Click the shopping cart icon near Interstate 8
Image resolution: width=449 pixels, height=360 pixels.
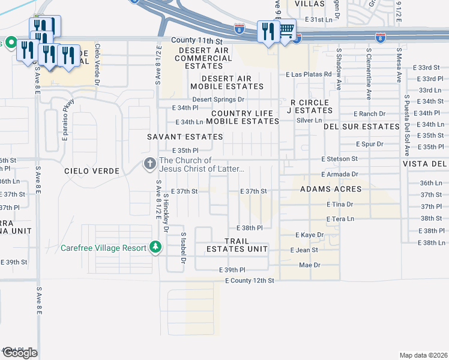pos(287,29)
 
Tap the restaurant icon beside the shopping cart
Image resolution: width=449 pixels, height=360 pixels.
pos(267,31)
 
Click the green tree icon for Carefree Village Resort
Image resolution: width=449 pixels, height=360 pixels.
pos(155,247)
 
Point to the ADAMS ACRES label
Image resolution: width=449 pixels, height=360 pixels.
pos(331,189)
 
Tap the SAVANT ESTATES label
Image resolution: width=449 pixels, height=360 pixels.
pos(185,137)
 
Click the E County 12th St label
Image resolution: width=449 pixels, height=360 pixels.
pos(249,280)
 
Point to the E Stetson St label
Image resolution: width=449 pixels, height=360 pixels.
pos(339,159)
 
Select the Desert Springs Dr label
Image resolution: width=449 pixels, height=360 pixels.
pos(218,99)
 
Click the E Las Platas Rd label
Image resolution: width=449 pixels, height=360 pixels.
pos(309,74)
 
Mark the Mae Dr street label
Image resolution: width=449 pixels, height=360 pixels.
pos(310,265)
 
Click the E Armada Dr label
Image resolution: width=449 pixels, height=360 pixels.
pos(339,174)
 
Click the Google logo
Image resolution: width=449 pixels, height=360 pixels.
pos(20,353)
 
